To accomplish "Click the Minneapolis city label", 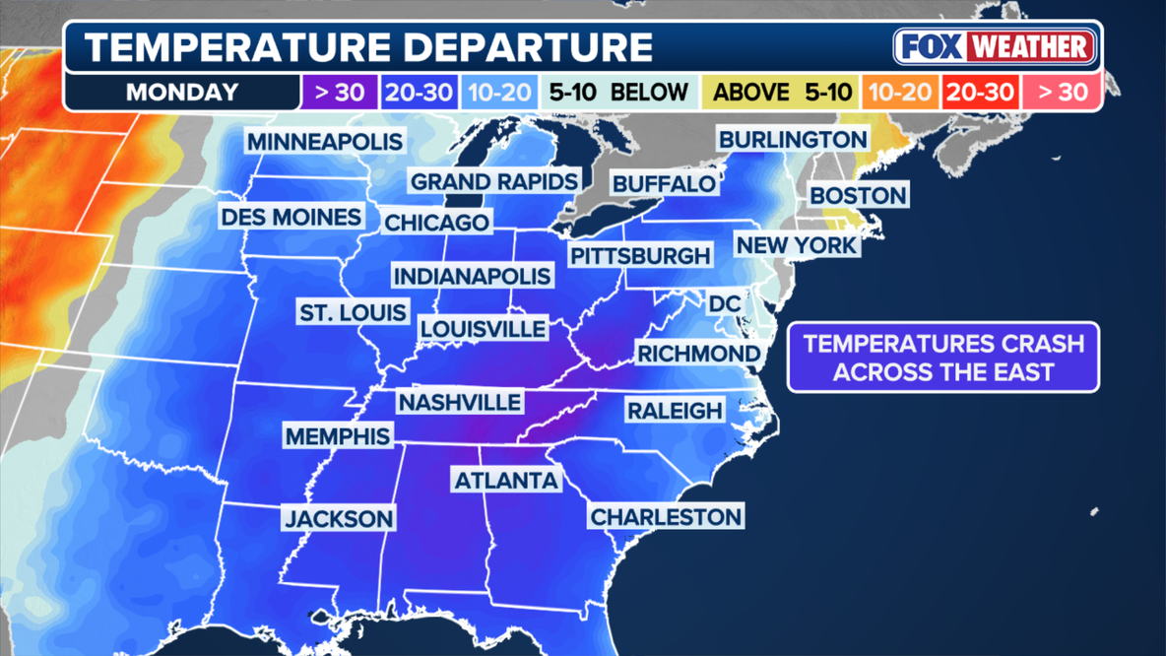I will [x=325, y=141].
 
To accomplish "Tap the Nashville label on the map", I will [x=459, y=402].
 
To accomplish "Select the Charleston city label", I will [x=666, y=516].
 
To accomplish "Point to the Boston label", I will [x=858, y=195].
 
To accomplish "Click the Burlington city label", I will [x=793, y=140].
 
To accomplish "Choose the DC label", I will [x=724, y=304].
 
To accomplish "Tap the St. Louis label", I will [x=353, y=313].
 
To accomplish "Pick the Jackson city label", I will [x=339, y=518].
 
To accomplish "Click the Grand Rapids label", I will [x=493, y=181].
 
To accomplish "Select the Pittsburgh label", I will [x=639, y=256].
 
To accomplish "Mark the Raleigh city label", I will [x=675, y=410].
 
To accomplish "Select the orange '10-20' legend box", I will [x=899, y=94].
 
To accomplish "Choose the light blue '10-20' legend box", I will [x=500, y=94].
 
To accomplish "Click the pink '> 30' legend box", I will [x=1062, y=94].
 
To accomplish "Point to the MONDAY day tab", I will [x=182, y=94].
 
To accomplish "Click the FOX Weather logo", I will [x=995, y=47].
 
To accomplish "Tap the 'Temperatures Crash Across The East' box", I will [x=942, y=358].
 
